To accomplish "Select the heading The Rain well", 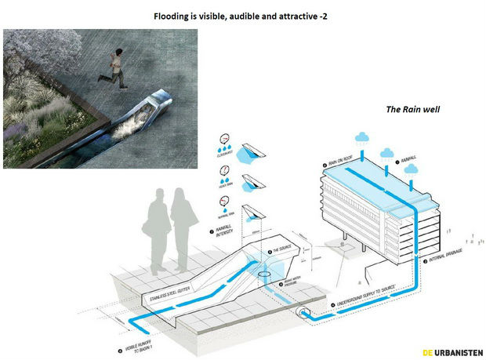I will [x=412, y=110].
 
